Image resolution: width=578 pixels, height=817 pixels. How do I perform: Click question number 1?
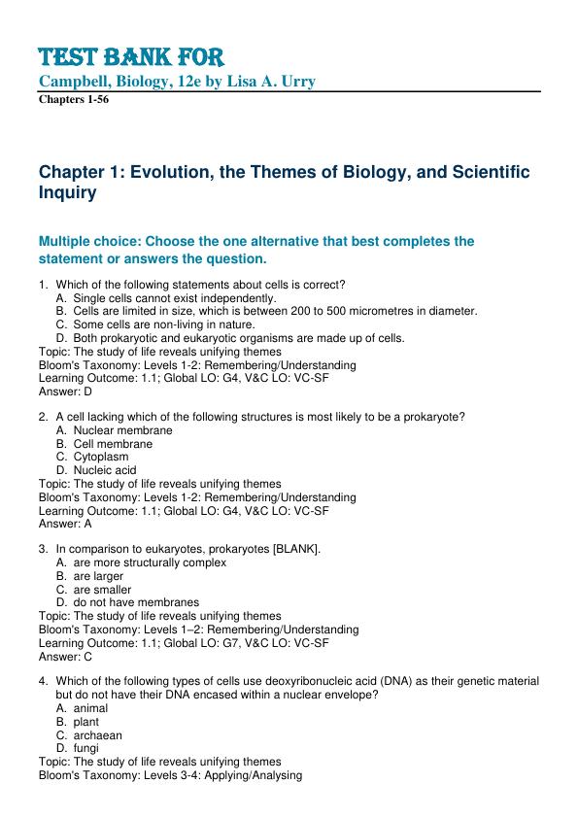(x=43, y=285)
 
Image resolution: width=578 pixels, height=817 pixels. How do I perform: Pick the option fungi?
(x=85, y=748)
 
